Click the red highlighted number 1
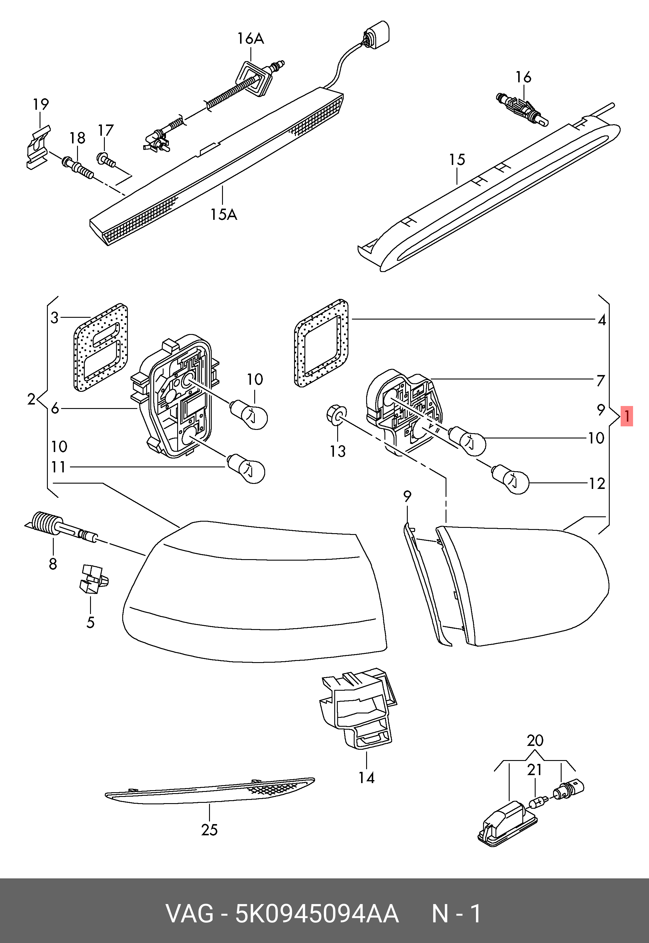(627, 416)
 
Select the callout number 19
(41, 104)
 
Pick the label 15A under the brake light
(223, 214)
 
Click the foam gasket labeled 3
(100, 347)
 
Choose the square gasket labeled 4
(321, 343)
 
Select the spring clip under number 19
(37, 147)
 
